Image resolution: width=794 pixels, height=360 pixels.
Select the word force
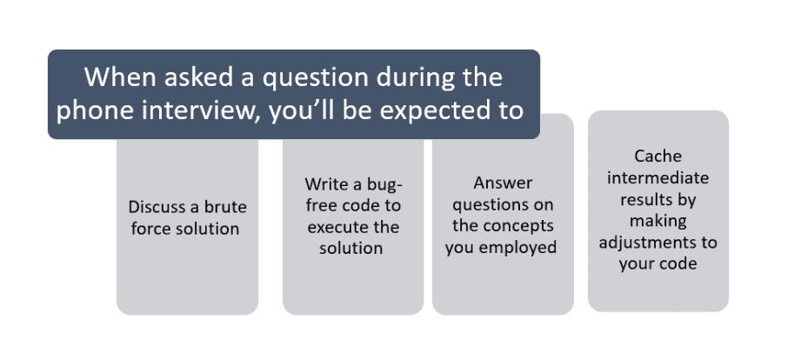[x=150, y=229]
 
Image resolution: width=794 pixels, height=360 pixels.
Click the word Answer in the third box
[x=503, y=183]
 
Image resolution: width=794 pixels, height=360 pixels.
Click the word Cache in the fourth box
[x=657, y=156]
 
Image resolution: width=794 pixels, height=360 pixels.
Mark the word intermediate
[x=657, y=177]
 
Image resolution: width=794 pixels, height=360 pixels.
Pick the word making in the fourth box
[x=657, y=221]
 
